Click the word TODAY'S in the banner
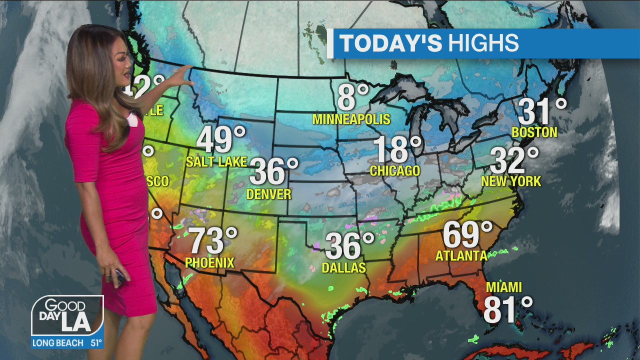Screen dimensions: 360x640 pyautogui.click(x=390, y=43)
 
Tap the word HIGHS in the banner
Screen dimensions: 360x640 pyautogui.click(x=483, y=43)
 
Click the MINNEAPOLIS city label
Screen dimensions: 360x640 pyautogui.click(x=351, y=119)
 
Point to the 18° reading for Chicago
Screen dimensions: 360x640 pyautogui.click(x=397, y=149)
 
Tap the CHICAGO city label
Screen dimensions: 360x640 pyautogui.click(x=395, y=171)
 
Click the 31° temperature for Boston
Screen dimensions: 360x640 pyautogui.click(x=542, y=111)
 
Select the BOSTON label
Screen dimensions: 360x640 pyautogui.click(x=534, y=132)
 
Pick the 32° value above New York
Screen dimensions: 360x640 pyautogui.click(x=514, y=160)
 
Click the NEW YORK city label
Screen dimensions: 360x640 pyautogui.click(x=511, y=181)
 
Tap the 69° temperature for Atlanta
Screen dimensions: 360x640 pyautogui.click(x=467, y=234)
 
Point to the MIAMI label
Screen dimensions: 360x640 pyautogui.click(x=504, y=287)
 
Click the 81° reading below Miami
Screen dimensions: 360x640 pyautogui.click(x=507, y=309)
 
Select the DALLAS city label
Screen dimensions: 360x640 pyautogui.click(x=344, y=268)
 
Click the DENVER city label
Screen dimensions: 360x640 pyautogui.click(x=269, y=194)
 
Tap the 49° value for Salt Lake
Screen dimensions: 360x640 pyautogui.click(x=220, y=139)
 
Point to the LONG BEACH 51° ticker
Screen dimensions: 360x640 pyautogui.click(x=67, y=343)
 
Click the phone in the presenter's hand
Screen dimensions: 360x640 pyautogui.click(x=120, y=276)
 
